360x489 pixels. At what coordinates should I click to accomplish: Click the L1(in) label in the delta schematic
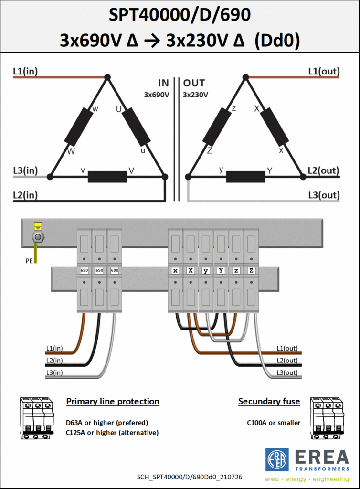(25, 71)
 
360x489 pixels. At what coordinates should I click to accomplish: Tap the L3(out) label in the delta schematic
(324, 195)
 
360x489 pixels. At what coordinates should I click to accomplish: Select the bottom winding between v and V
(107, 177)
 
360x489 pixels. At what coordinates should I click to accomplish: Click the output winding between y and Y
(245, 177)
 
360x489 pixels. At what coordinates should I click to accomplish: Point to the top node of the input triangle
(107, 77)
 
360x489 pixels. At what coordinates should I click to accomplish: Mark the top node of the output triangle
(245, 77)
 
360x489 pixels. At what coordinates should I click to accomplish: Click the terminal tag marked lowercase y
(206, 270)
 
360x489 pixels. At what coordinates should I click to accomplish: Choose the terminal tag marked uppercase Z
(251, 270)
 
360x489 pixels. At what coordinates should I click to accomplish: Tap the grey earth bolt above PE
(38, 237)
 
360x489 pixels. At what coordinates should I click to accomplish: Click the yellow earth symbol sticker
(38, 226)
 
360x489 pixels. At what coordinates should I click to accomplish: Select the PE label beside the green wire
(29, 261)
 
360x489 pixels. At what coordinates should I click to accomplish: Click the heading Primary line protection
(113, 401)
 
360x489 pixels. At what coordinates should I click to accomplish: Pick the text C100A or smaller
(274, 423)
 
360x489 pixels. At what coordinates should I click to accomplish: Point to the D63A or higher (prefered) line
(107, 423)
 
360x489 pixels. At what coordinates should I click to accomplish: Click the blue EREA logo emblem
(277, 459)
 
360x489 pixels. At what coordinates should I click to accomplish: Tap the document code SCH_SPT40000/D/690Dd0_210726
(190, 477)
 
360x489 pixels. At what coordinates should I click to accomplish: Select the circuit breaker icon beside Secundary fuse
(327, 418)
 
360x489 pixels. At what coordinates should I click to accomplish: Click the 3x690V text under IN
(157, 95)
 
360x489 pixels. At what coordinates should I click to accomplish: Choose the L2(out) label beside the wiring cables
(287, 361)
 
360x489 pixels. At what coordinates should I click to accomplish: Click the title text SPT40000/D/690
(180, 15)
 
